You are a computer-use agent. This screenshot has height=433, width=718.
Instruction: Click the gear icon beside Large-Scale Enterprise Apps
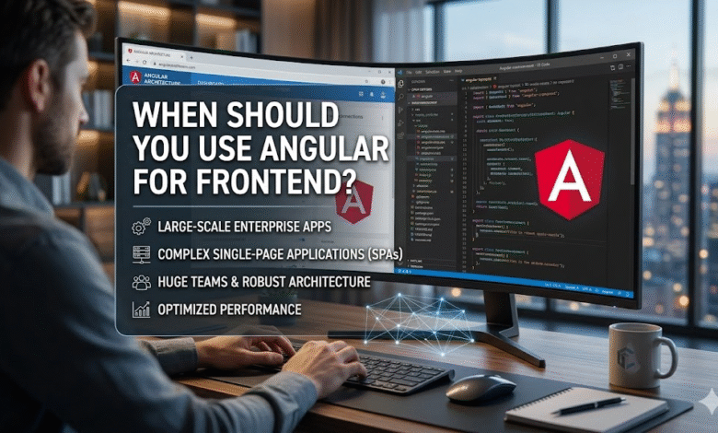tap(142, 227)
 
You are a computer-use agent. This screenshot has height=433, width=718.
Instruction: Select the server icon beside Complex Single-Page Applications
tap(142, 253)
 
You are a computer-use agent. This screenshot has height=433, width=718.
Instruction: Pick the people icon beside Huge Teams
tap(142, 281)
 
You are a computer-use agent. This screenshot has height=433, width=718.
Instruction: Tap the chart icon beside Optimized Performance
tap(142, 309)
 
